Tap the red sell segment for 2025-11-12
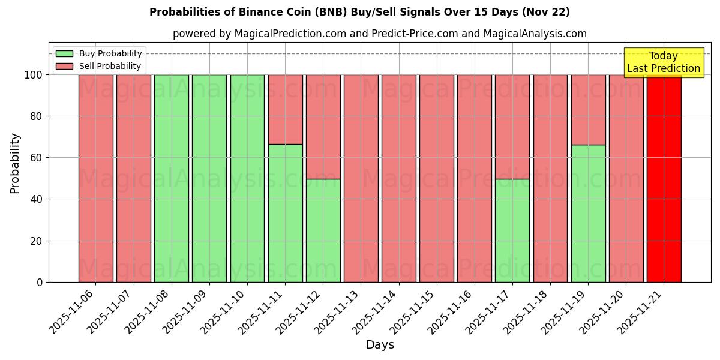click(323, 127)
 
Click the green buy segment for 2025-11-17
click(512, 230)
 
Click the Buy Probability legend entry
click(110, 54)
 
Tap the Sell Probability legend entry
click(110, 66)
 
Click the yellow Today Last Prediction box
click(664, 62)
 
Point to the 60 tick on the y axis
click(38, 158)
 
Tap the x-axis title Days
click(380, 345)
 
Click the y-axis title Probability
click(15, 163)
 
